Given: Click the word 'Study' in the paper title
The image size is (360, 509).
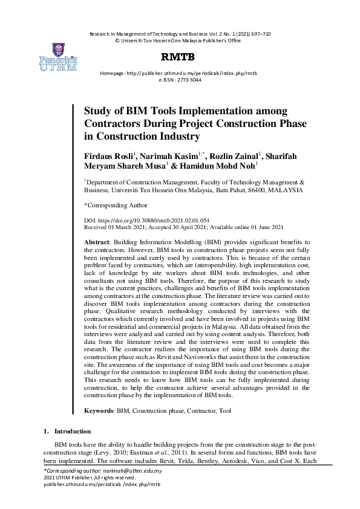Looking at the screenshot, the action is [96, 111].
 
